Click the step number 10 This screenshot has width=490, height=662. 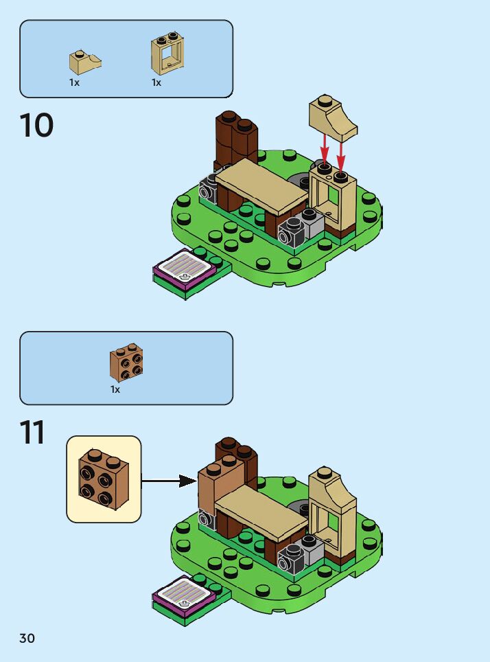click(x=36, y=126)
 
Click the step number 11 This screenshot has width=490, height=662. click(x=32, y=433)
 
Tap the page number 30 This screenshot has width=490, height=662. click(x=27, y=639)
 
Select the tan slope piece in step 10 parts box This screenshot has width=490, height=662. click(x=84, y=62)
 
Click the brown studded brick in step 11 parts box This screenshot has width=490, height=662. click(x=126, y=363)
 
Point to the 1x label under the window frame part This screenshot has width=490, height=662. click(x=156, y=82)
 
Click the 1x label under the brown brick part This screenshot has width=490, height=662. click(x=115, y=389)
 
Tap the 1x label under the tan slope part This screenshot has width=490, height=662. click(x=74, y=82)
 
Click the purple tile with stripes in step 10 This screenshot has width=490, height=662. click(x=186, y=268)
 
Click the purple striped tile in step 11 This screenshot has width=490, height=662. click(x=186, y=593)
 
